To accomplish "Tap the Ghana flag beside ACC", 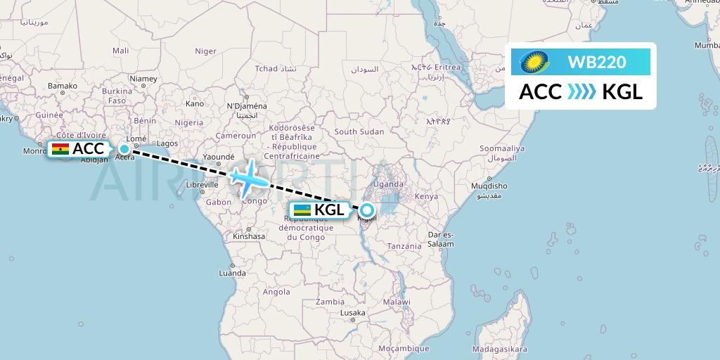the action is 60,149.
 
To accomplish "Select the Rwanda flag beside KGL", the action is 302,210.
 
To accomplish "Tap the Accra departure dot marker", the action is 124,148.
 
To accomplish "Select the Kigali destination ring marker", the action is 367,210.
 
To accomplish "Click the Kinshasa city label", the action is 250,237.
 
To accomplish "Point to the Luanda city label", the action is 233,273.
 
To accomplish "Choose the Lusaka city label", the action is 352,313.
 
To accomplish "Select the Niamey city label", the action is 143,79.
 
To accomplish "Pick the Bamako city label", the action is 62,86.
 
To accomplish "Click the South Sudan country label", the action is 359,131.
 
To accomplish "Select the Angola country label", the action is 277,292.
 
